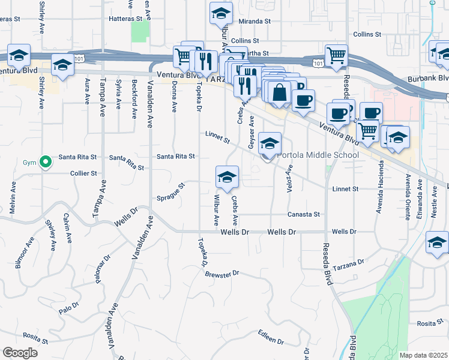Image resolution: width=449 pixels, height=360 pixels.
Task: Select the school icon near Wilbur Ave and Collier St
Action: click(227, 178)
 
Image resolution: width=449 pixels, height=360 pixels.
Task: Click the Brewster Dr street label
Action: click(221, 273)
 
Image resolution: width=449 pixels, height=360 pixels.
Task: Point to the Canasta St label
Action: click(304, 214)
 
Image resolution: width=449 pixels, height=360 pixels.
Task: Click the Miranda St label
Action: click(255, 22)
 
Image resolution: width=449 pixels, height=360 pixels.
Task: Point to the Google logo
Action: click(20, 353)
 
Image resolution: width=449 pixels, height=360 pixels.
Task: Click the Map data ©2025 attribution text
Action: click(423, 355)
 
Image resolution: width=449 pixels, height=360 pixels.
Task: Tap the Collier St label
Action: click(83, 173)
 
